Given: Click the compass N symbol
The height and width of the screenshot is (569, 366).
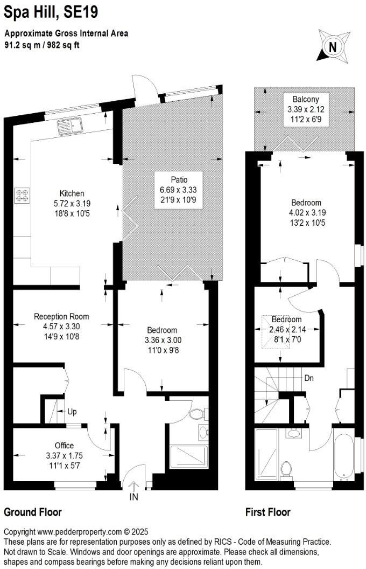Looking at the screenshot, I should pos(333,46).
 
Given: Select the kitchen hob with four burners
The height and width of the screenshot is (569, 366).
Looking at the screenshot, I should pos(22,195).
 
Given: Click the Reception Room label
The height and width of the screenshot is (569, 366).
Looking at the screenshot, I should pos(61,316).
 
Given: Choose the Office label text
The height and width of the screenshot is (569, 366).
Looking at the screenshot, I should pos(64,445).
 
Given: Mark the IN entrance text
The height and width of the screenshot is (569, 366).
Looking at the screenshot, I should pos(134,497).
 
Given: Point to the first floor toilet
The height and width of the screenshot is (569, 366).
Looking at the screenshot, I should pos(287,469).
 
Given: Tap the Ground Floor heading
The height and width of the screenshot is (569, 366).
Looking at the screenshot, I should pos(33,512).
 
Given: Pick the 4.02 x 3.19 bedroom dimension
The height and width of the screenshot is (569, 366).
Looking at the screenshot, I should pos(306,213).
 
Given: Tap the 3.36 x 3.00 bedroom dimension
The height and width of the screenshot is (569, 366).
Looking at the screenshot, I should pos(163,340).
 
